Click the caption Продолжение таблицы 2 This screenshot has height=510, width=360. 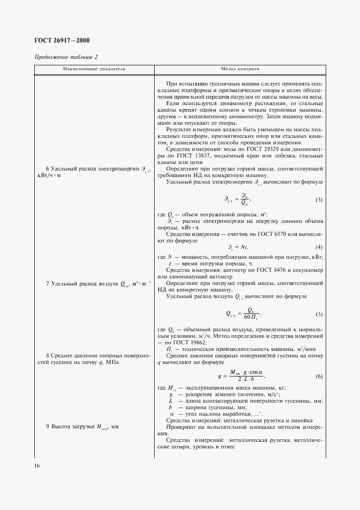(x=66, y=57)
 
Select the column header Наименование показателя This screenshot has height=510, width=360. (x=94, y=70)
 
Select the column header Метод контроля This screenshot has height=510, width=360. (x=240, y=70)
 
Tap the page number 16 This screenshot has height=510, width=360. (x=37, y=466)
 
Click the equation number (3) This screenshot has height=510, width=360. (x=319, y=200)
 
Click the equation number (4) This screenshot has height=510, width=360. (x=319, y=247)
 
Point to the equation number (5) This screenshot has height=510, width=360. (x=319, y=314)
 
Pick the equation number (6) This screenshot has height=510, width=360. (x=319, y=377)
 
